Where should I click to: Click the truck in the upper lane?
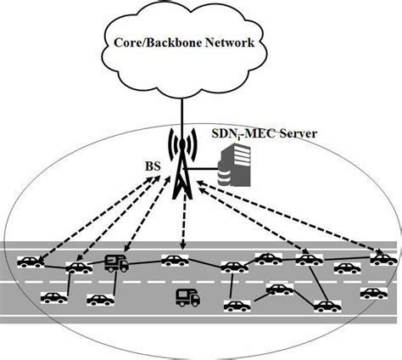[x=116, y=264]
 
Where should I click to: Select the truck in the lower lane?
[x=187, y=297]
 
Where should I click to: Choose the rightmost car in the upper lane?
[x=382, y=258]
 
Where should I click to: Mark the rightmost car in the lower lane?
[x=373, y=293]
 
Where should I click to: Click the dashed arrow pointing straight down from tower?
[x=181, y=225]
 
